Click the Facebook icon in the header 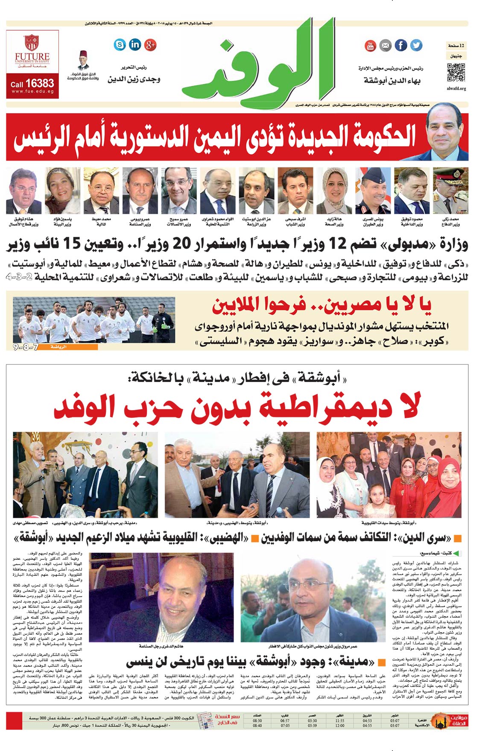click(x=400, y=45)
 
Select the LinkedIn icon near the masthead click(x=134, y=44)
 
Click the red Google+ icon click(x=150, y=44)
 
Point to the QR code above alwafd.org click(x=456, y=73)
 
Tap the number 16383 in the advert click(x=40, y=83)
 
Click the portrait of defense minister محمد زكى click(x=450, y=191)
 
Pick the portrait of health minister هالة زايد click(x=334, y=191)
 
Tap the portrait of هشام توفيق click(x=24, y=191)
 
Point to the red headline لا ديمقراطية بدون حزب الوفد click(x=237, y=407)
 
